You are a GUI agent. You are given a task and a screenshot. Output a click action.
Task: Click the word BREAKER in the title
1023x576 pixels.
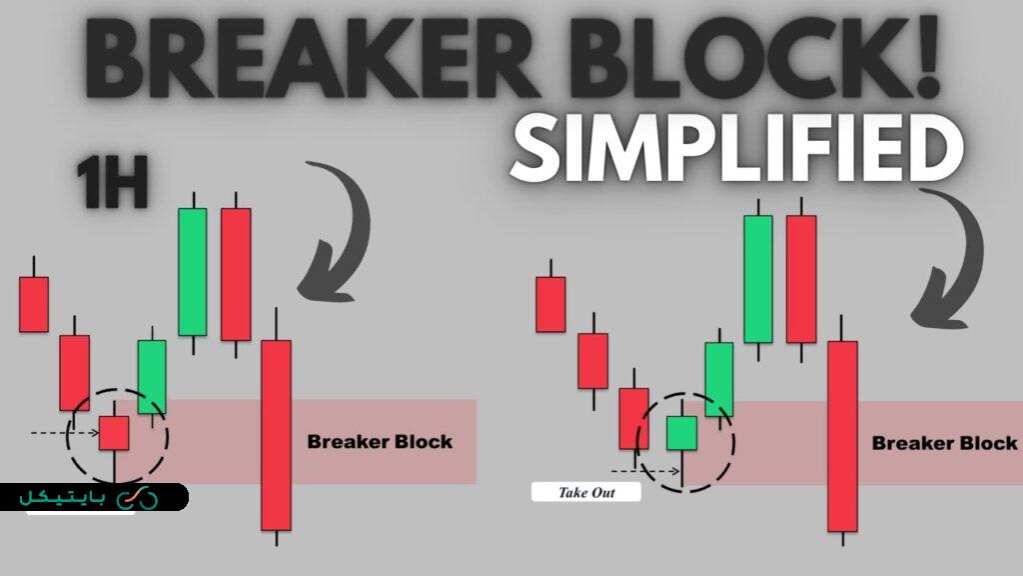tap(312, 58)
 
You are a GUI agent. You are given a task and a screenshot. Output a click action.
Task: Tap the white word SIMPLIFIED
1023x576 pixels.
tap(736, 150)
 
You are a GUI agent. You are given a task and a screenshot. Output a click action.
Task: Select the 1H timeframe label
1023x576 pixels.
tap(112, 184)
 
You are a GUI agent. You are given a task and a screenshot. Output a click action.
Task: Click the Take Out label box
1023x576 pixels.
tap(585, 492)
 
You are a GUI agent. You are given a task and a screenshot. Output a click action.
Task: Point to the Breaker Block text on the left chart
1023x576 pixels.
tap(380, 441)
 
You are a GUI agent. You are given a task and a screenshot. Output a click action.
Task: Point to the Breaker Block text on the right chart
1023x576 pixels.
tap(944, 443)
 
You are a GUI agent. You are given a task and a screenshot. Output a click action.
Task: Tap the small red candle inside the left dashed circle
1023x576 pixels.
tap(114, 433)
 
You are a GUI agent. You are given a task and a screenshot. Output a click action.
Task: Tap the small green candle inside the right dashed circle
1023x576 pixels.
tap(681, 434)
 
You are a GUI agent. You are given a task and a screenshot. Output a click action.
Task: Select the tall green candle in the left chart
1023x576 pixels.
tap(193, 272)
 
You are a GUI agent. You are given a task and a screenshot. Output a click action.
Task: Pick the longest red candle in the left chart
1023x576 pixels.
tap(276, 435)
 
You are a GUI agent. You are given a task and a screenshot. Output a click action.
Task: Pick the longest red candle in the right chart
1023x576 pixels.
tap(842, 436)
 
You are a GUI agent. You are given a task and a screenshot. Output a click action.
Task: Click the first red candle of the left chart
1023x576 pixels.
tap(34, 304)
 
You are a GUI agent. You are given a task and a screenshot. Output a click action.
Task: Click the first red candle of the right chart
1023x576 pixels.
tap(550, 304)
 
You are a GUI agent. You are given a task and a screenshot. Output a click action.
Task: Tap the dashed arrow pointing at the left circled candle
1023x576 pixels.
tap(65, 433)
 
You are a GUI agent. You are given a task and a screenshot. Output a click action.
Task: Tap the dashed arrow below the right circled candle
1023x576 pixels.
tap(646, 471)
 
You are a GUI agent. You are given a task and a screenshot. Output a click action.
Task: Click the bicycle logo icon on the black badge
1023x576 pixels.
tap(137, 498)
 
